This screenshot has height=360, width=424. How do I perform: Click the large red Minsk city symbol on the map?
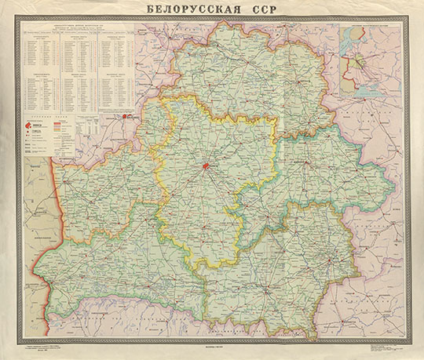click(205, 166)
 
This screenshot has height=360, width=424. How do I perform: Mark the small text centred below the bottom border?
click(212, 345)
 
